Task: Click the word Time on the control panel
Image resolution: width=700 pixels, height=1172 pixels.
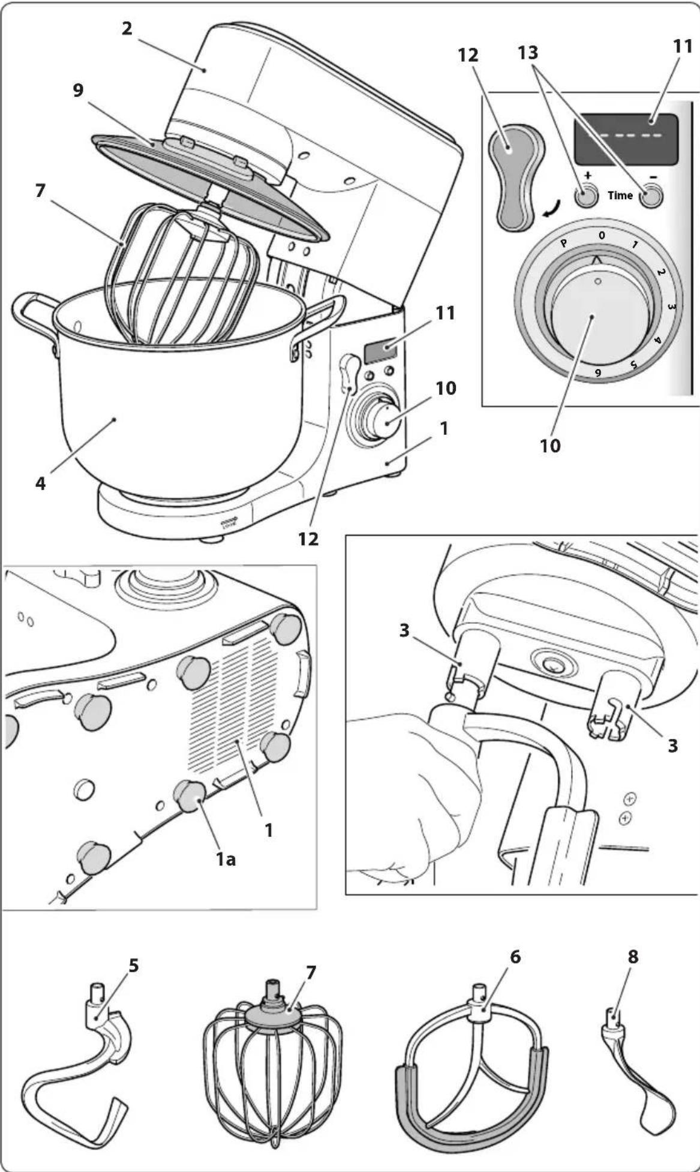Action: click(x=620, y=196)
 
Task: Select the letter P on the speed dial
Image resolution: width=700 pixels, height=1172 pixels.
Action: click(x=563, y=244)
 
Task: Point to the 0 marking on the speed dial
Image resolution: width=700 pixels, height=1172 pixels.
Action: click(x=602, y=236)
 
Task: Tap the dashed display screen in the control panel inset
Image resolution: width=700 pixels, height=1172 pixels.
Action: click(x=626, y=139)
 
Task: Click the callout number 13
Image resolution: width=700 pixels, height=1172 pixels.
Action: click(x=528, y=53)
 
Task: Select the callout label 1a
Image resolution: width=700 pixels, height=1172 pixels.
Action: click(x=226, y=860)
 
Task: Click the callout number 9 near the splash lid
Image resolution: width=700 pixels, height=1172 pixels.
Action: click(x=78, y=91)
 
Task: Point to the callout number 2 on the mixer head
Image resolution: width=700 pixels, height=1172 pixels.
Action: click(x=127, y=28)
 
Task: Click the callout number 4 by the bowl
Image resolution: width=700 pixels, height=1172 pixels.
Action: click(x=40, y=483)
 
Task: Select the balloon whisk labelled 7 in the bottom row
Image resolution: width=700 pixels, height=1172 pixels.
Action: click(x=273, y=1062)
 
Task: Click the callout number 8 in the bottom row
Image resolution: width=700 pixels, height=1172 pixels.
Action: click(x=633, y=957)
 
